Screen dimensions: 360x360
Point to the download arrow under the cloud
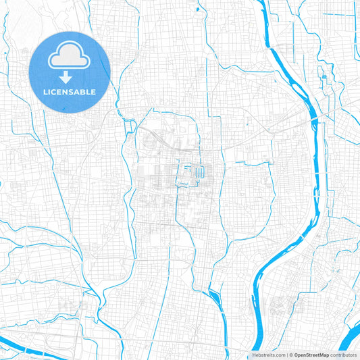point(70,77)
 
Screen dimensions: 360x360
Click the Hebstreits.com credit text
point(267,355)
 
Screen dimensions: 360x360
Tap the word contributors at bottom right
point(344,355)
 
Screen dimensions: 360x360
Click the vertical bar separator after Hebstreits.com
point(286,355)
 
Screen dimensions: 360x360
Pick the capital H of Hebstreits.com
point(253,355)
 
